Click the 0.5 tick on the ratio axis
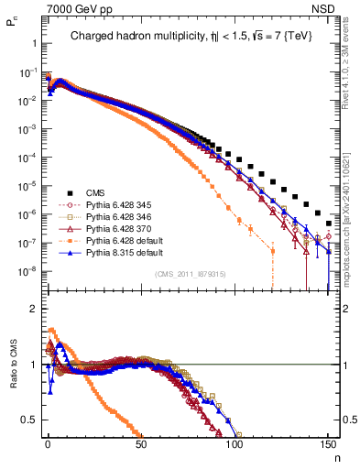click(x=27, y=420)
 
